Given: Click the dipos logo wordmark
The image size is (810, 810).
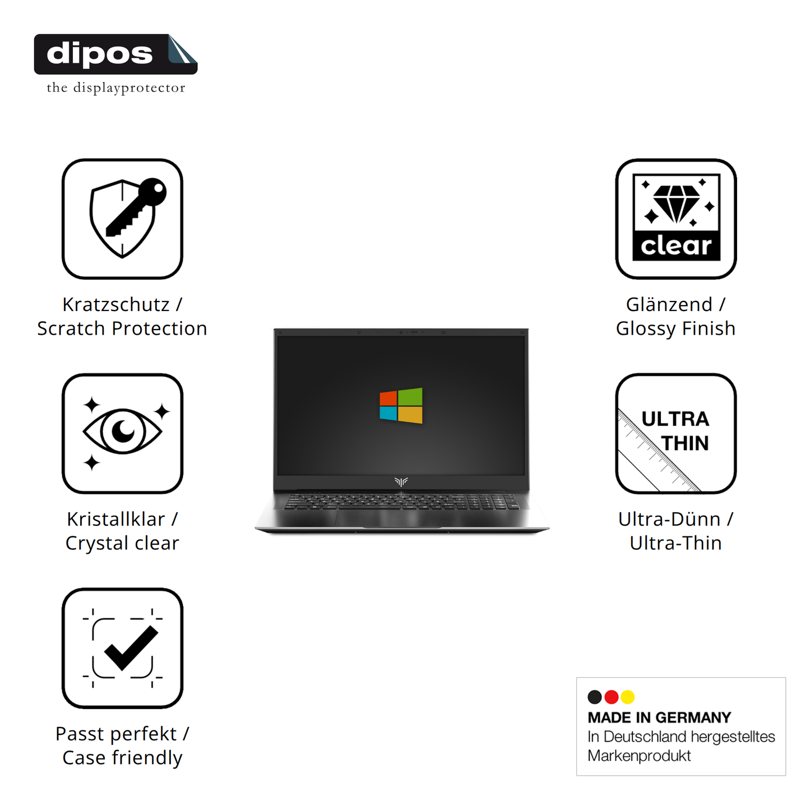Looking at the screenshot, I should coord(100,54).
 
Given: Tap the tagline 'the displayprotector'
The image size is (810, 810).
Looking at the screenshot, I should coord(115,88).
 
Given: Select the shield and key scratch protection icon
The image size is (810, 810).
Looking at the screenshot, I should coord(123,219).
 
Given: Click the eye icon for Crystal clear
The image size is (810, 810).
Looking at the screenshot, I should coord(123,432).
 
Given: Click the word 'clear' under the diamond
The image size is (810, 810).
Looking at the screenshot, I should coord(676,246).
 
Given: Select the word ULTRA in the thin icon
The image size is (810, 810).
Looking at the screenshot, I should coord(675,419).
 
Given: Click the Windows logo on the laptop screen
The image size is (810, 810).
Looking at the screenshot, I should coord(401,405).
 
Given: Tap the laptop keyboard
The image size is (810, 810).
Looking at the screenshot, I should coord(401,502).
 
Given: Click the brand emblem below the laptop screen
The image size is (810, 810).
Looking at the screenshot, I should coord(401,481).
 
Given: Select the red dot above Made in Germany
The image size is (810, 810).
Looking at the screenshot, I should coord(612,697).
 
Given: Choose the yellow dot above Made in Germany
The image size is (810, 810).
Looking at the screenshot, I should coord(628,697).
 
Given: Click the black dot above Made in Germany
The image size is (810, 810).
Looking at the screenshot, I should coord(595,697).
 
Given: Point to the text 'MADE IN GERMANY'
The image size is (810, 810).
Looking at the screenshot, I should coord(659,718).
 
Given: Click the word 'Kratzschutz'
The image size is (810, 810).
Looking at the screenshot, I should coord(115,304).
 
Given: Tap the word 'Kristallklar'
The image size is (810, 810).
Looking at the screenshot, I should coord(115,519).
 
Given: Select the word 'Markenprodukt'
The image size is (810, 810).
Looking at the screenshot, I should coord(639,756).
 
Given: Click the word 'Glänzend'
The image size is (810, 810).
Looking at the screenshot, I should coord(669,304).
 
